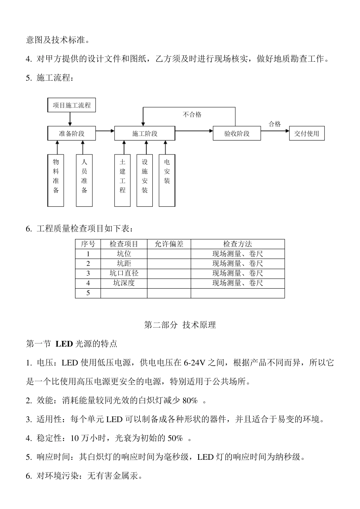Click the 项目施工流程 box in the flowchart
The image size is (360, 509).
[x=72, y=105]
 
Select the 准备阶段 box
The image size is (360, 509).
[x=72, y=133]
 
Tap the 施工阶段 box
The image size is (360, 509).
[x=145, y=133]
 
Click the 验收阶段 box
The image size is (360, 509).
[x=237, y=133]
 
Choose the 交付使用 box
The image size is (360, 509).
[x=307, y=133]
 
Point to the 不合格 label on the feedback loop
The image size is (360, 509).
[x=192, y=114]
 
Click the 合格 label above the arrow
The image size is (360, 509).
[x=275, y=124]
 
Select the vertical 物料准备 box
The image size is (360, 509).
[x=56, y=180]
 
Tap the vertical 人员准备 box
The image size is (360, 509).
[x=84, y=180]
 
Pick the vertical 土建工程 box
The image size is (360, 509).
[x=122, y=180]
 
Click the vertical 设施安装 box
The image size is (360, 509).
[x=145, y=180]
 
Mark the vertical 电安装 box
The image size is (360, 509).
[x=167, y=180]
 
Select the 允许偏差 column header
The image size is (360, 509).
[x=169, y=244]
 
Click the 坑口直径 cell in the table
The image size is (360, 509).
[x=124, y=273]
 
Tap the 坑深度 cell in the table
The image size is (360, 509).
[x=124, y=283]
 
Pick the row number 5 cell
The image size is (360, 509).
[x=88, y=293]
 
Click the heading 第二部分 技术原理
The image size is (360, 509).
[x=180, y=325]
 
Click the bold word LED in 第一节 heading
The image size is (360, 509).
[x=64, y=344]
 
